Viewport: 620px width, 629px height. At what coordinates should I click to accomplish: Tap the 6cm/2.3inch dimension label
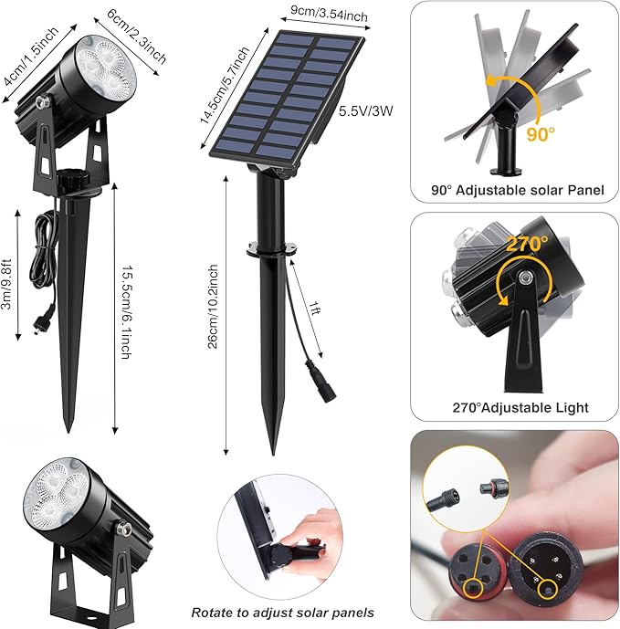tap(137, 37)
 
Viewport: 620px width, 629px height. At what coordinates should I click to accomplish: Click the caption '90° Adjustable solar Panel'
tap(518, 191)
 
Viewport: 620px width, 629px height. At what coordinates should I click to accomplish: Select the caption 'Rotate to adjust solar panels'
tap(282, 612)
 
